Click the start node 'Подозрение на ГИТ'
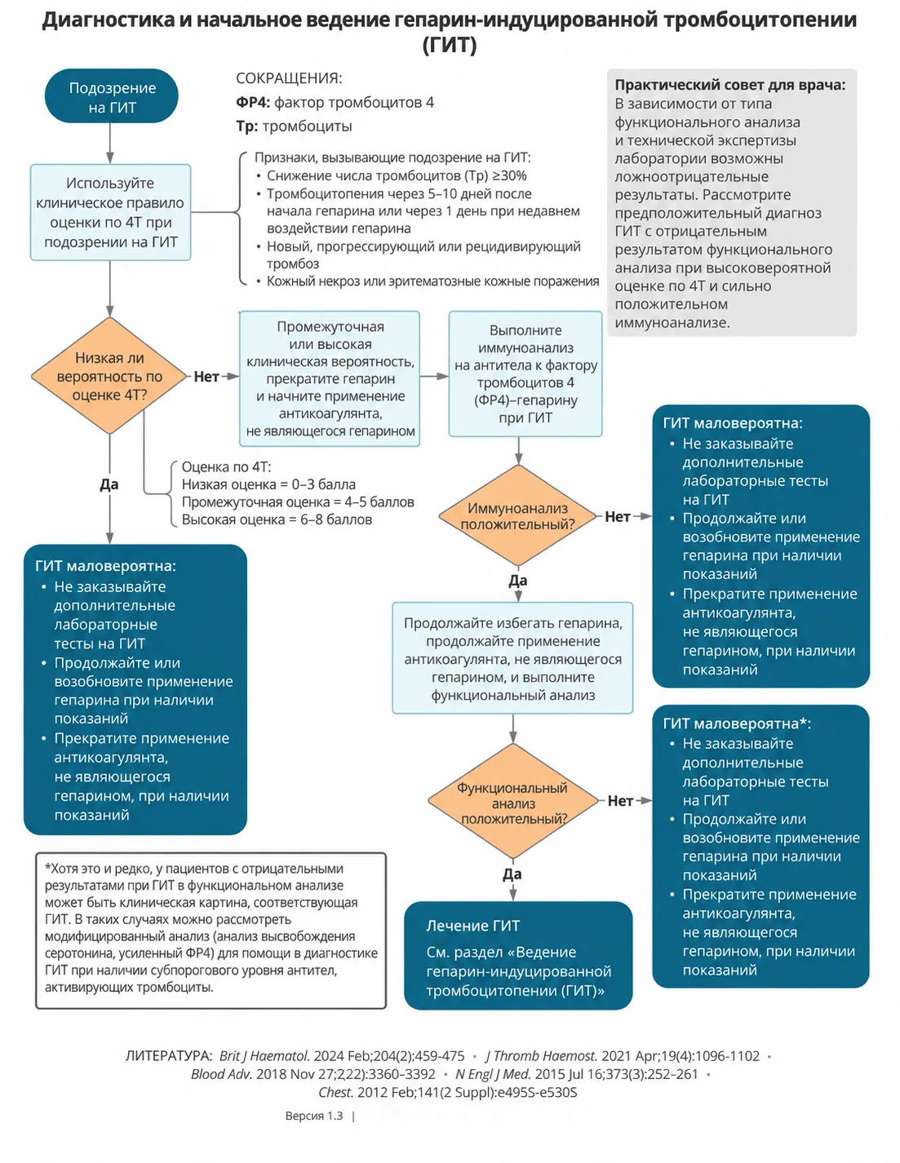pyautogui.click(x=111, y=95)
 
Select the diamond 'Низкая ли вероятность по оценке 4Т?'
pyautogui.click(x=110, y=376)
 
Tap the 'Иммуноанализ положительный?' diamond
pyautogui.click(x=517, y=515)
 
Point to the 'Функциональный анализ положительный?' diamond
pyautogui.click(x=513, y=801)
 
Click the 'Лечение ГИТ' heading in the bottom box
pyautogui.click(x=472, y=926)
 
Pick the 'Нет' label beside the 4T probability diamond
pyautogui.click(x=206, y=377)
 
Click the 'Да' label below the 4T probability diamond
pyautogui.click(x=109, y=484)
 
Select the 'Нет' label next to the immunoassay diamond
pyautogui.click(x=618, y=516)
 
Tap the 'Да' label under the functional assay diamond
pyautogui.click(x=512, y=874)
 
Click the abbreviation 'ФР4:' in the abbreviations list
pyautogui.click(x=253, y=102)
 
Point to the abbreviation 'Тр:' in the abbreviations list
pyautogui.click(x=246, y=126)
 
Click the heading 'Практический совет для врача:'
pyautogui.click(x=729, y=85)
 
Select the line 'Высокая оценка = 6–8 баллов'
pyautogui.click(x=277, y=520)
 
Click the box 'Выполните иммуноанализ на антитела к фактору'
pyautogui.click(x=525, y=374)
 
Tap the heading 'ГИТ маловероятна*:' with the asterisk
pyautogui.click(x=737, y=723)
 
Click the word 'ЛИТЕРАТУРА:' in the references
pyautogui.click(x=169, y=1056)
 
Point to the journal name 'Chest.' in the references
pyautogui.click(x=335, y=1092)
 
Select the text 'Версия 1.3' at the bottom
pyautogui.click(x=314, y=1116)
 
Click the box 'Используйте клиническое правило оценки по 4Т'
pyautogui.click(x=110, y=213)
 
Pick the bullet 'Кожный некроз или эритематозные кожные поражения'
pyautogui.click(x=432, y=281)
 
